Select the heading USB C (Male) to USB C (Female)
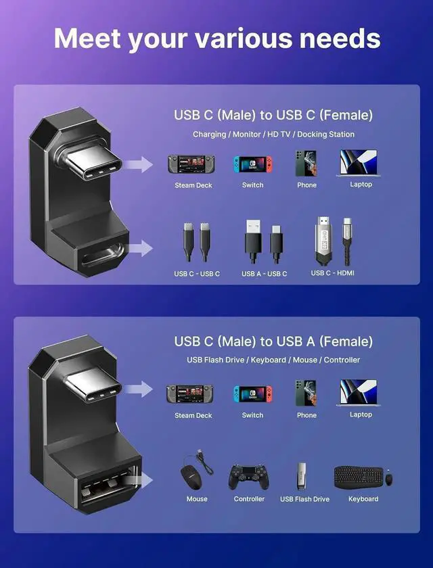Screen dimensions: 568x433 point(273,115)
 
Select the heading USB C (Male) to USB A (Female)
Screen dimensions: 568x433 point(273,341)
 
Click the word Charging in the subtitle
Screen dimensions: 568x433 point(209,135)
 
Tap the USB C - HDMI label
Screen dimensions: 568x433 point(332,273)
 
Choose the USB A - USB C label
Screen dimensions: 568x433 point(264,274)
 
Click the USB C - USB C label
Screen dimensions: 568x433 point(196,274)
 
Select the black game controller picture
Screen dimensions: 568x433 point(249,476)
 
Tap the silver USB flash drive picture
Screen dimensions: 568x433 point(304,476)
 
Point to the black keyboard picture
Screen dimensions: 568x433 point(359,477)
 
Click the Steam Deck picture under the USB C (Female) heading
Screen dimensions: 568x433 point(193,164)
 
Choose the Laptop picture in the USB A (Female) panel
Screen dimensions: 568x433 point(360,393)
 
